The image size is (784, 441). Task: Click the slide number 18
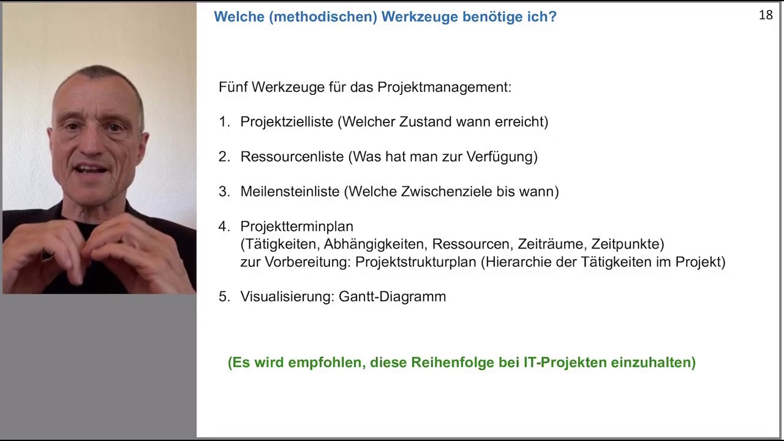(766, 15)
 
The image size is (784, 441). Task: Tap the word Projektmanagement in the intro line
(444, 87)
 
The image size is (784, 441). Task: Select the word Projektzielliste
(287, 122)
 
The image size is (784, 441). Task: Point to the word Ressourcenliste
(292, 157)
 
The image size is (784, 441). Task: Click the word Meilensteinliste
(290, 192)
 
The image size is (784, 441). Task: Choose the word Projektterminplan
(296, 227)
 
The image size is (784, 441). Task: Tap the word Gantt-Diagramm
(392, 296)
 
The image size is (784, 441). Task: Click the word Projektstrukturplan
(415, 262)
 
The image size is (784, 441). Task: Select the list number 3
(223, 192)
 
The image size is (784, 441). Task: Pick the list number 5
(223, 296)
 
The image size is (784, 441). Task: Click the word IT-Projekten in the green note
(556, 363)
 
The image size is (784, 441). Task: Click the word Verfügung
(502, 157)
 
